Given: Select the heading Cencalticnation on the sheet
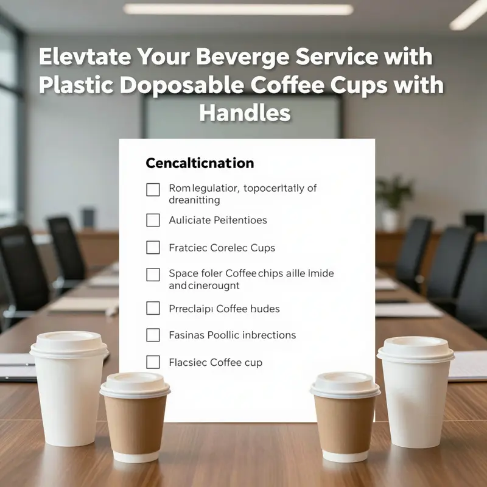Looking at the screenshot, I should [x=200, y=163].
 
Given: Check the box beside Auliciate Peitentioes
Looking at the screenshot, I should [x=153, y=220].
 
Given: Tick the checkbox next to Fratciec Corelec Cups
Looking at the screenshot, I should [x=153, y=248].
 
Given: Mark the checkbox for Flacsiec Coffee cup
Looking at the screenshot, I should [x=153, y=362].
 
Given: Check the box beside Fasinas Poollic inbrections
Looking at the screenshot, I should [x=153, y=335].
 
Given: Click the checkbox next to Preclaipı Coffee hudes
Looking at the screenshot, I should [x=153, y=309].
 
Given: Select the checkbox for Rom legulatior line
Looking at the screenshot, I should [x=153, y=190].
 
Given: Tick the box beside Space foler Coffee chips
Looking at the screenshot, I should [x=153, y=275].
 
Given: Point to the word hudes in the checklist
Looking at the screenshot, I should [x=264, y=309].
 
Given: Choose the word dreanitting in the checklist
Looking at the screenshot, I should [x=194, y=200].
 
